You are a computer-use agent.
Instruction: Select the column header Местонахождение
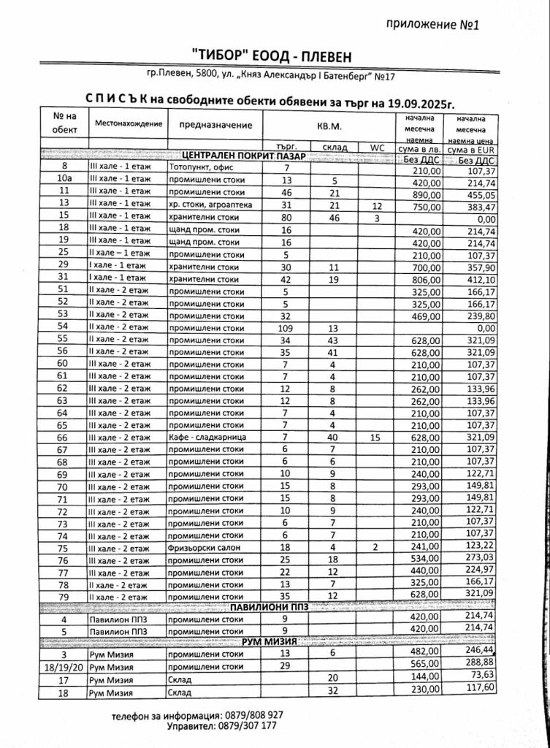[x=128, y=123]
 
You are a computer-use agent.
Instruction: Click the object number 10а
[x=65, y=180]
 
